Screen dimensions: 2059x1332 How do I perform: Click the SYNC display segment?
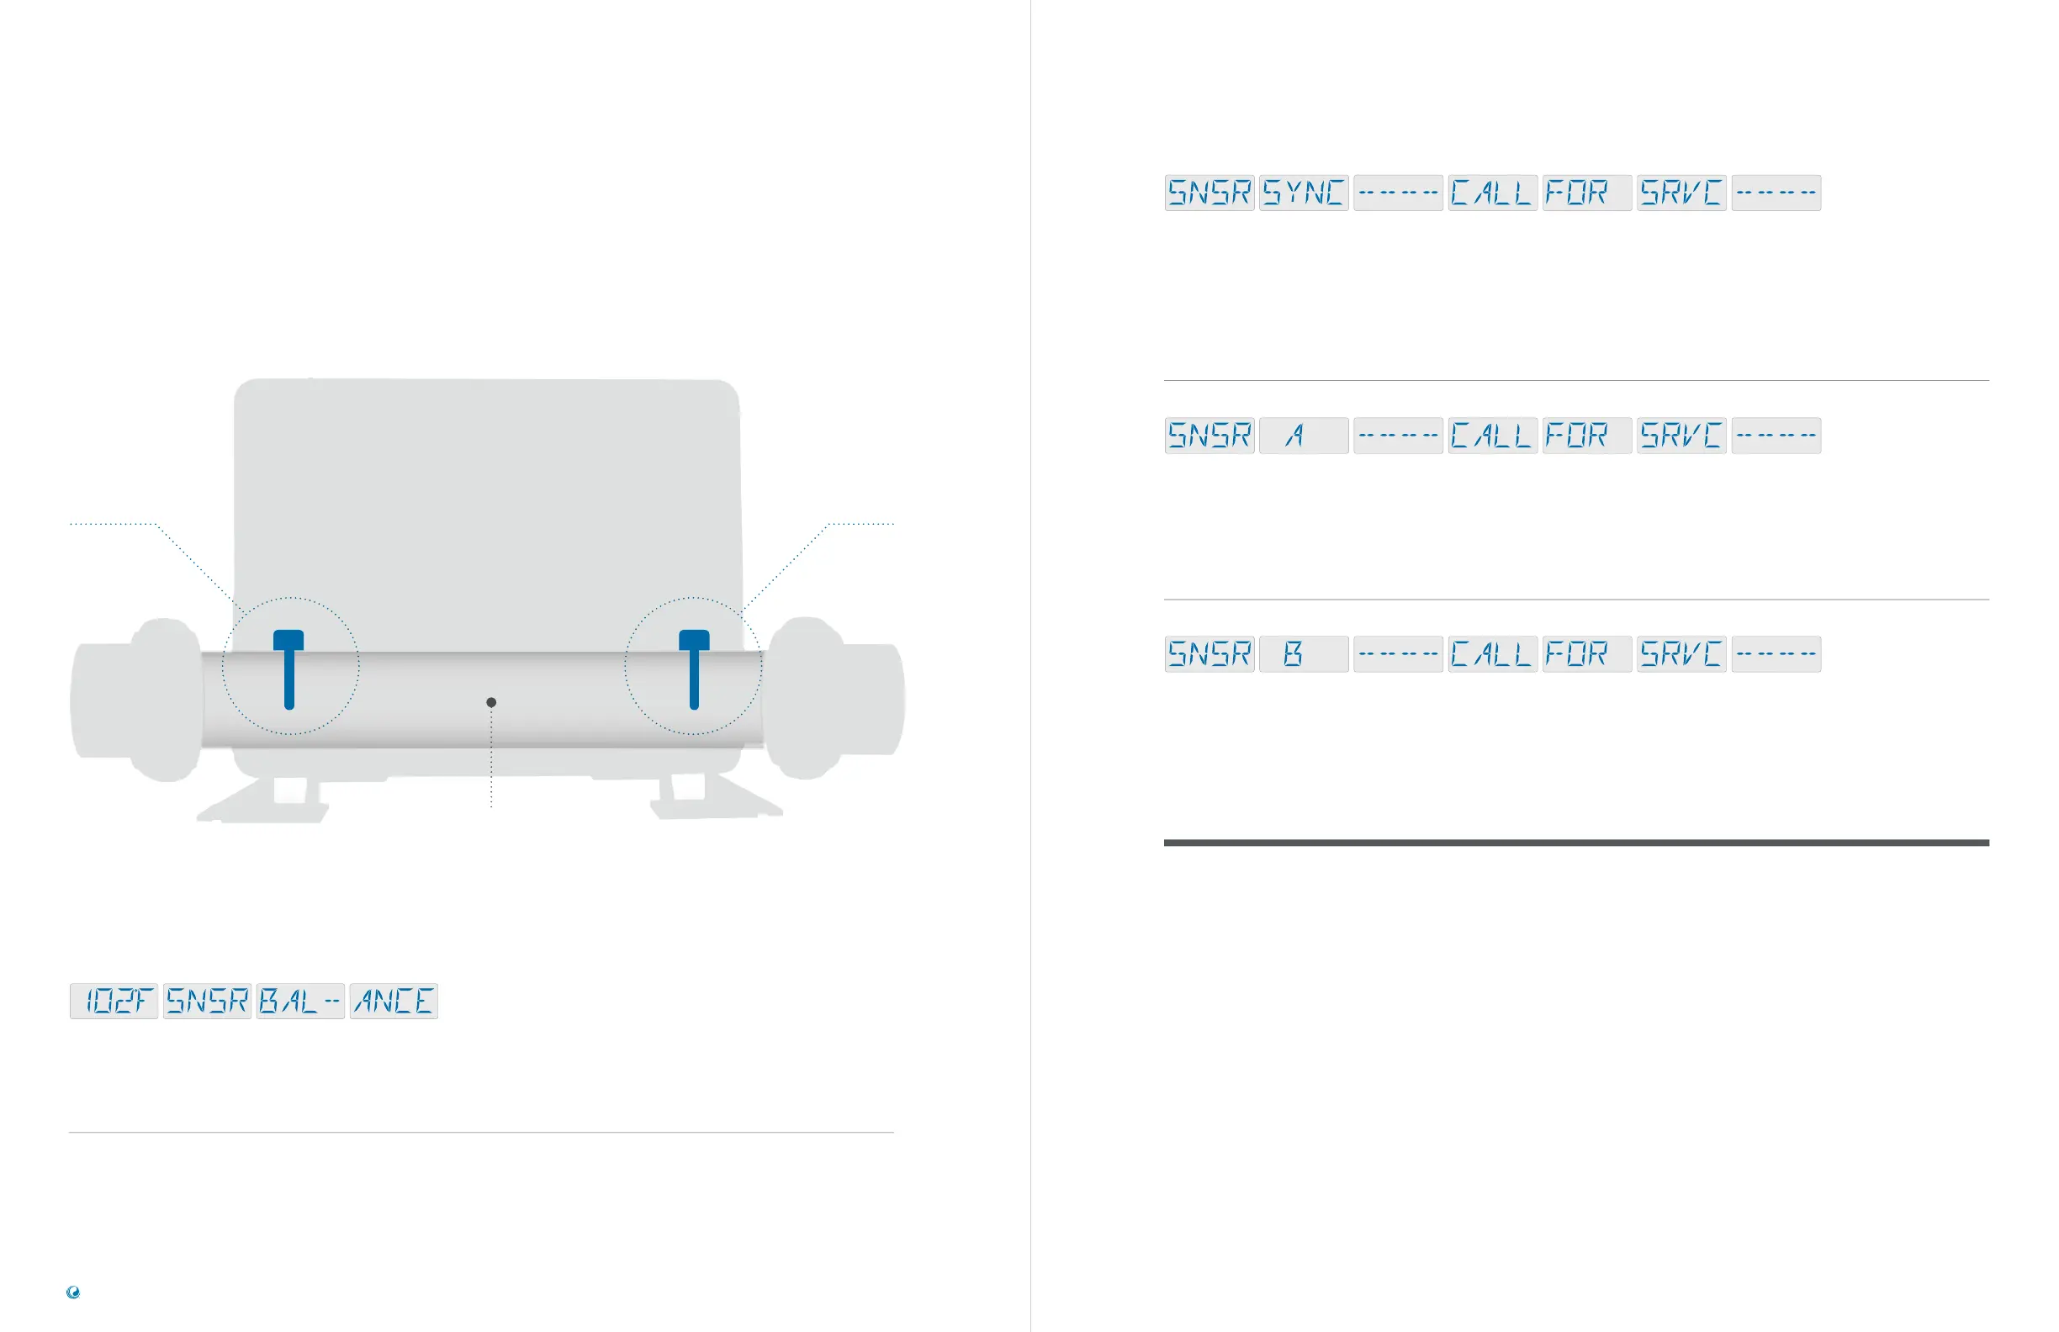click(1303, 193)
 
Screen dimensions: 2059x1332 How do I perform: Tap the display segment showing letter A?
click(1303, 435)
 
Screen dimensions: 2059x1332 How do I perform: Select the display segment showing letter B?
click(1303, 654)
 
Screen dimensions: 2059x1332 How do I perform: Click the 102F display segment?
click(114, 1002)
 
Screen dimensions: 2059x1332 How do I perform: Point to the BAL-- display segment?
click(300, 1002)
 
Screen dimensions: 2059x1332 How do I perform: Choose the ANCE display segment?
click(394, 1002)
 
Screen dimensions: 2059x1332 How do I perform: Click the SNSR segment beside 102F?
click(208, 1002)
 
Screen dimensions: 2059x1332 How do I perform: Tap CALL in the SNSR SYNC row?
click(1492, 193)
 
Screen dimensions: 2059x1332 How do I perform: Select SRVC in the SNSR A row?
click(1681, 435)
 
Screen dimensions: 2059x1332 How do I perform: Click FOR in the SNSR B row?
click(1585, 654)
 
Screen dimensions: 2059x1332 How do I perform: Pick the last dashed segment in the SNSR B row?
click(1776, 654)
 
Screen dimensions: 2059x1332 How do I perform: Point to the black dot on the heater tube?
click(491, 702)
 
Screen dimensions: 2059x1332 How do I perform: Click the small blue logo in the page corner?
click(73, 1292)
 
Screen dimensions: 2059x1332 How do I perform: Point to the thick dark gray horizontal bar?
click(1576, 843)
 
